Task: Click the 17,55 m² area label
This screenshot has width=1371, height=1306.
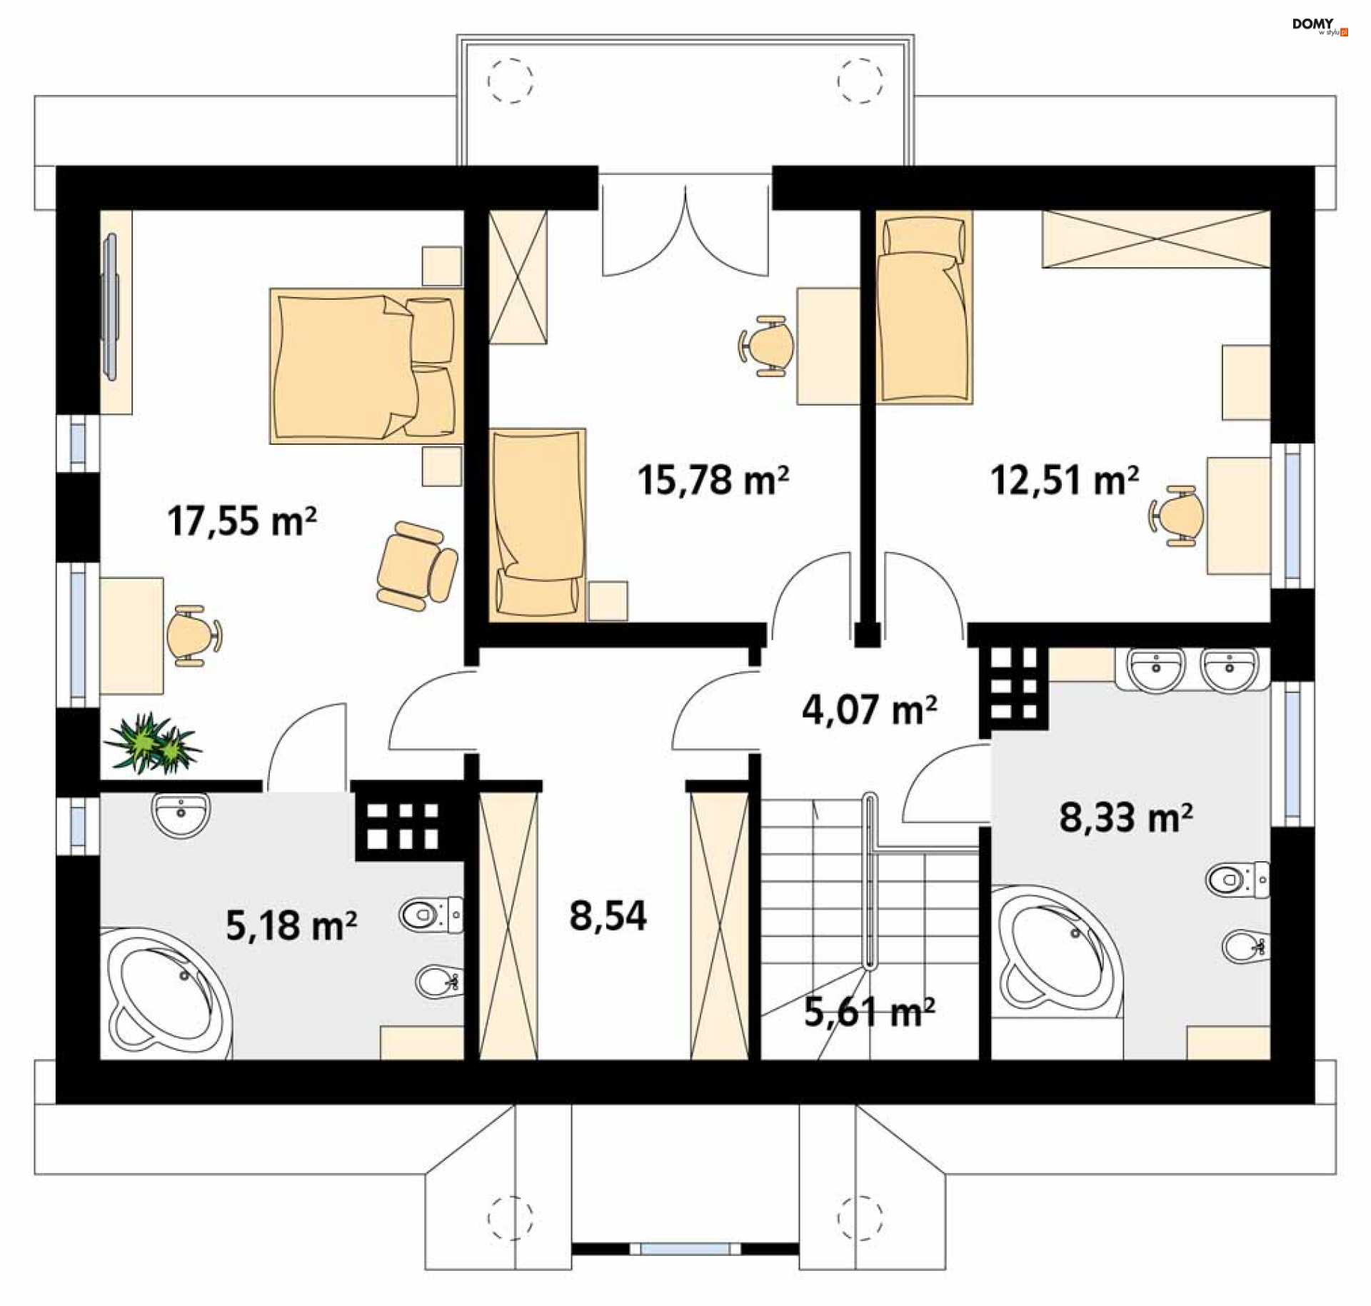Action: [x=242, y=521]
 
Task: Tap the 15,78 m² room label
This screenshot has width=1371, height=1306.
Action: [x=713, y=479]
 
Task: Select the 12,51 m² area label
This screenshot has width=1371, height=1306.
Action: [x=1064, y=479]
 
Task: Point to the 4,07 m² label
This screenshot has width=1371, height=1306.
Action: [x=869, y=709]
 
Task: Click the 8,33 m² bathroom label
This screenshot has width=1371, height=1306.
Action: [x=1126, y=817]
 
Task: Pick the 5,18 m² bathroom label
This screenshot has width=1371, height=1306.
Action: [x=291, y=925]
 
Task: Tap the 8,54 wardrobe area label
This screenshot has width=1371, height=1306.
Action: [x=608, y=915]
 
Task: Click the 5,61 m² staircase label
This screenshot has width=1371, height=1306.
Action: [x=869, y=1012]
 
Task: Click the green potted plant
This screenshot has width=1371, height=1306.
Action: [x=152, y=743]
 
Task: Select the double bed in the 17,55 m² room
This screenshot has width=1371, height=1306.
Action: [x=366, y=366]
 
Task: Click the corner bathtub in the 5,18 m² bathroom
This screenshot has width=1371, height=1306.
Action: [x=167, y=993]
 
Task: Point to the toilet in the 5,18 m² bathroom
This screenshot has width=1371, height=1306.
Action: [x=431, y=914]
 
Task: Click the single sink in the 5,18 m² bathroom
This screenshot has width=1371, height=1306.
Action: [x=181, y=815]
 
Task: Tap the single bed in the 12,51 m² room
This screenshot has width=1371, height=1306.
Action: [x=924, y=307]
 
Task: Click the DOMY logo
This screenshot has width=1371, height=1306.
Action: [x=1320, y=26]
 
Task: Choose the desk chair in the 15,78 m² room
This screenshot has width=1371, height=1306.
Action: [x=766, y=346]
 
